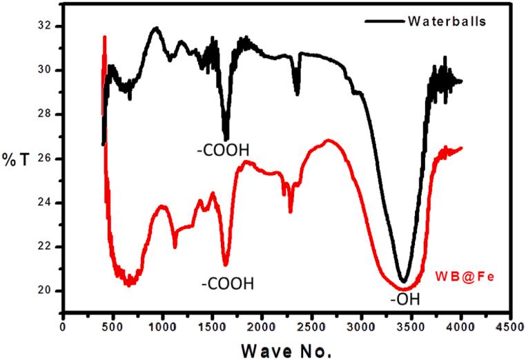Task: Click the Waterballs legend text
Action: point(456,20)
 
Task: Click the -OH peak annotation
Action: point(404,299)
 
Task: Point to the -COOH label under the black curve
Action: point(217,148)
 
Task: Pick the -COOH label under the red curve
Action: point(227,283)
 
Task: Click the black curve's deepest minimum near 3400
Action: point(403,281)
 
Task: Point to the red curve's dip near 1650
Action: point(225,264)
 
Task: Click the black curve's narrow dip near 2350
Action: point(297,94)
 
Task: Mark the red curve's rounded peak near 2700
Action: point(329,141)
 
